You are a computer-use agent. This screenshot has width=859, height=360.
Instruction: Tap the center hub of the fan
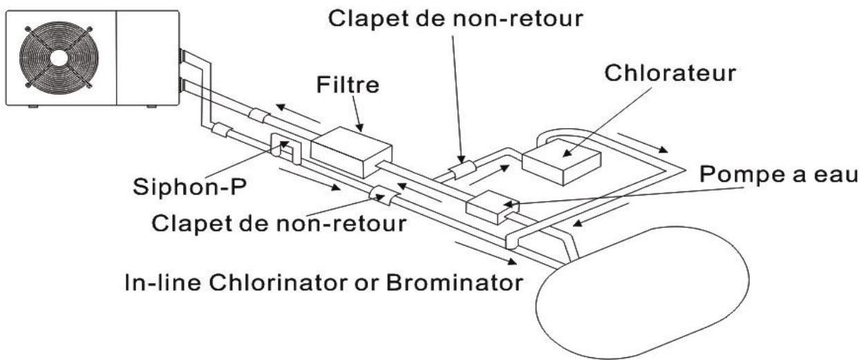point(56,57)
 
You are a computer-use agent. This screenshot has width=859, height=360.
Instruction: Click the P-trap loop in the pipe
point(285,146)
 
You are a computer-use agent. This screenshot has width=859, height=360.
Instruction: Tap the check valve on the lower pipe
point(381,196)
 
